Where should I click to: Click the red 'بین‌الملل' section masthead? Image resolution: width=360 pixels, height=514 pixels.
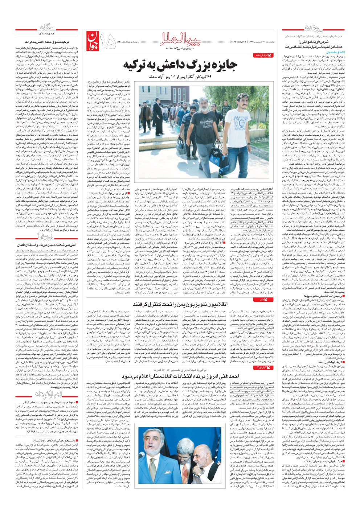(180, 38)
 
